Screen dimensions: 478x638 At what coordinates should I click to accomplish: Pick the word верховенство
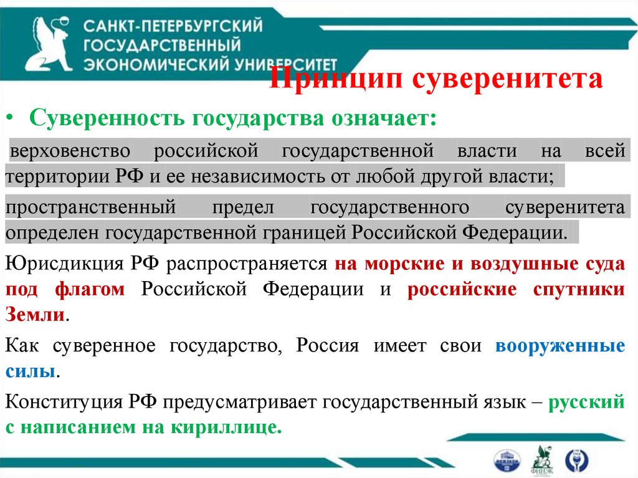70,151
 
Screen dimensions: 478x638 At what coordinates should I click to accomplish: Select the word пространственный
91,208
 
